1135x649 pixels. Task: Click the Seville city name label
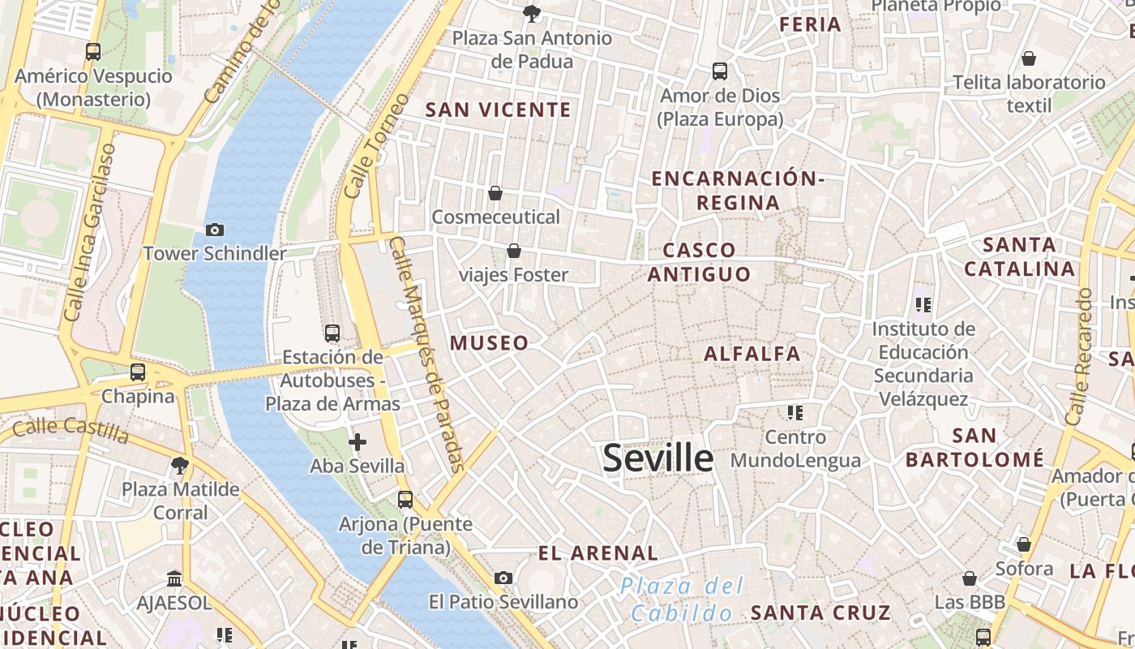pos(657,458)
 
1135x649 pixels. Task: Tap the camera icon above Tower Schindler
pos(215,230)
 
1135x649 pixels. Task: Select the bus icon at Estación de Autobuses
pos(332,333)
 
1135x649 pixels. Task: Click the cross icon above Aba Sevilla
pos(357,442)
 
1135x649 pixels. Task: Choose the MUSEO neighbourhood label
pos(489,343)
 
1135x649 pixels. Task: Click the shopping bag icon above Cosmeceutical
pos(495,193)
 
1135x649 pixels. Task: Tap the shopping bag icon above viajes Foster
pos(513,251)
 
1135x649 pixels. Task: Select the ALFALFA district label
pos(752,354)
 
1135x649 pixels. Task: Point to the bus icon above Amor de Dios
pos(719,71)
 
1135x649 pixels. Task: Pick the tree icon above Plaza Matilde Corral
pos(180,466)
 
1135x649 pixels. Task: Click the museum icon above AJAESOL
pos(174,578)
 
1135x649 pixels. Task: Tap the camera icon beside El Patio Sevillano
pos(503,578)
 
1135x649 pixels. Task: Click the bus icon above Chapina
pos(138,372)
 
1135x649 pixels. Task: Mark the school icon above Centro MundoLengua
pos(795,413)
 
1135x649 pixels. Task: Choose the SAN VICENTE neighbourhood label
pos(499,110)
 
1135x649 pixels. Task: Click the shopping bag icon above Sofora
pos(1024,544)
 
